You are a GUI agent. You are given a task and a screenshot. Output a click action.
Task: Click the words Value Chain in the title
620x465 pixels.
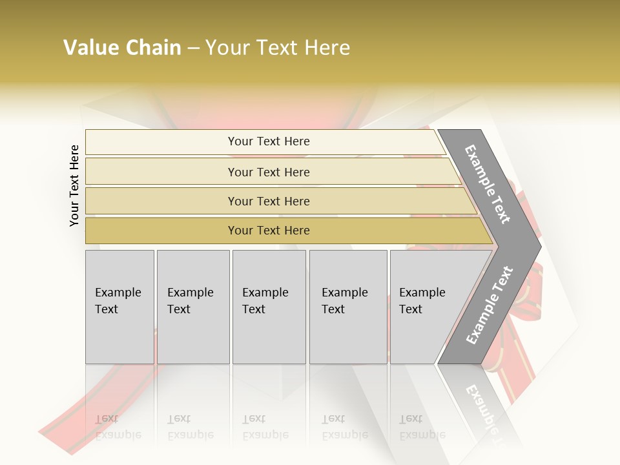pos(122,48)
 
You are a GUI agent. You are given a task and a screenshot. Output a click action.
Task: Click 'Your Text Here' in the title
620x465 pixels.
pos(278,48)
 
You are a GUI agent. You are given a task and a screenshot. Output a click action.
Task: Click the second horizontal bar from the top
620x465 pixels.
pos(268,172)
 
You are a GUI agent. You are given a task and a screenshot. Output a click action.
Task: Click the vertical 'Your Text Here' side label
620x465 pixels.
pos(74,185)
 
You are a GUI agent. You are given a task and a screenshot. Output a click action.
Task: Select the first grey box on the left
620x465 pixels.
pos(119,307)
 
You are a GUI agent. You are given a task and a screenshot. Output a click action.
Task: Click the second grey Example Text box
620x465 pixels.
pos(192,307)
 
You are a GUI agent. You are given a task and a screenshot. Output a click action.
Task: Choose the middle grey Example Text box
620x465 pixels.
pos(269,307)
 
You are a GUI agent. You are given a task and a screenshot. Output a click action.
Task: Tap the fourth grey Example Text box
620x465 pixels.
pos(348,307)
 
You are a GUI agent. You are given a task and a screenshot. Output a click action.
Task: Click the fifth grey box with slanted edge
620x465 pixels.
pos(426,307)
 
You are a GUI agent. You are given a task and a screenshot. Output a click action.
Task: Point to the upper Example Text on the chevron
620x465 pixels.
pos(488,184)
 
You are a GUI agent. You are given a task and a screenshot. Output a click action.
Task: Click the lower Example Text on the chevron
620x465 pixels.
pos(489,305)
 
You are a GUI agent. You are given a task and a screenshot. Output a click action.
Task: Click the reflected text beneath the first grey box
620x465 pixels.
pos(118,427)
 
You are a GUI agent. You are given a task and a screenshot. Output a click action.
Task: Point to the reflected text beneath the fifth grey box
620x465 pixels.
pos(422,427)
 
